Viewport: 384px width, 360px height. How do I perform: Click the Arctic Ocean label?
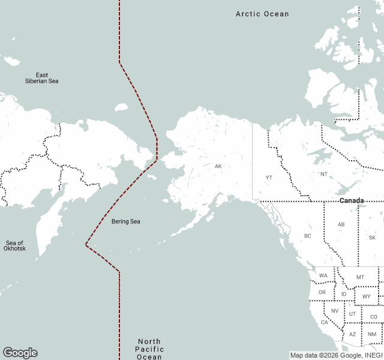pos(262,14)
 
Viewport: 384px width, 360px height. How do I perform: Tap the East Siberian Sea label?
pos(42,78)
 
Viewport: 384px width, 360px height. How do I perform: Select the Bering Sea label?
pos(126,221)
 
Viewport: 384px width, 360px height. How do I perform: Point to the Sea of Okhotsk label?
pos(15,245)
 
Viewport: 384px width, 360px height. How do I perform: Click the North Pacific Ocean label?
pos(149,349)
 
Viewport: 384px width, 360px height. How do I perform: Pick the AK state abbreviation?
pos(218,166)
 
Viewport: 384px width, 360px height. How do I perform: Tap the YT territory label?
pos(269,178)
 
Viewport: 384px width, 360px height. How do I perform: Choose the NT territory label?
pos(324,174)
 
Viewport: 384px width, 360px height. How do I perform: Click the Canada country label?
pos(352,200)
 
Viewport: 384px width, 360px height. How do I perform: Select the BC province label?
pos(308,236)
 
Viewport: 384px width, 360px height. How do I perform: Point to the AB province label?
pos(341,224)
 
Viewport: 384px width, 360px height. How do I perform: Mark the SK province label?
pos(372,238)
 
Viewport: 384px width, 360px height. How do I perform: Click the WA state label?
pos(323,276)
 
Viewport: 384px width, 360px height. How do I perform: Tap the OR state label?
pos(322,293)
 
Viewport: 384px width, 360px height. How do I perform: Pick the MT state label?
pos(360,277)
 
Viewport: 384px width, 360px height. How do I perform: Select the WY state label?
pos(366,296)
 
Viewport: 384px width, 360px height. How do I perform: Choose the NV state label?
pos(335,311)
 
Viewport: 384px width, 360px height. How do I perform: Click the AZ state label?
pos(353,334)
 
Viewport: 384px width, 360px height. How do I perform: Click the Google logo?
pos(20,353)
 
